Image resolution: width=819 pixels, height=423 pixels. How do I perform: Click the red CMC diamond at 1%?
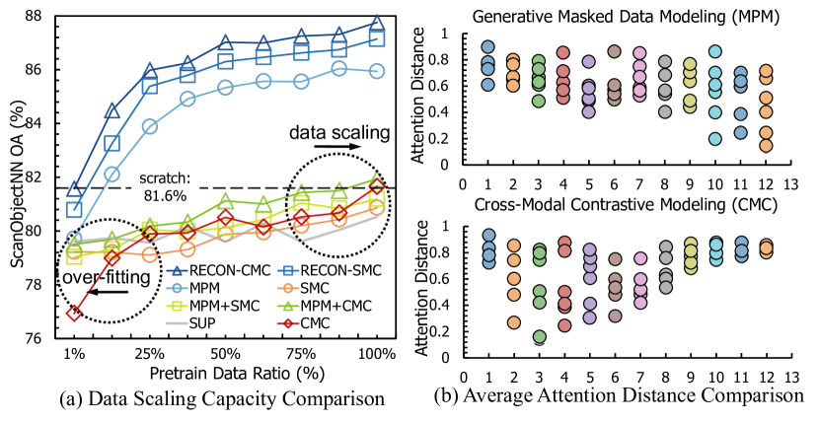(75, 313)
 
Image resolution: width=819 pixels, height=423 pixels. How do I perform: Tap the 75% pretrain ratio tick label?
(301, 352)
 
